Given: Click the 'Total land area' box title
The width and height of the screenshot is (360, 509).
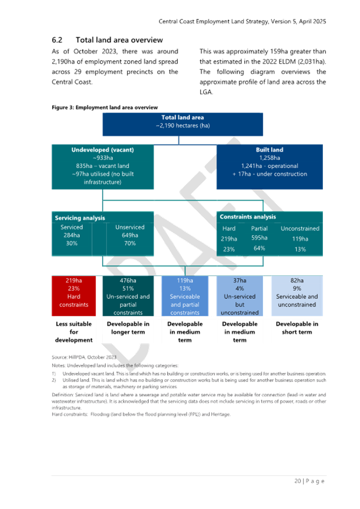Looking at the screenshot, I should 183,118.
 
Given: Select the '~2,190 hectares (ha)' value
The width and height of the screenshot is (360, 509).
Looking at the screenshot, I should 183,125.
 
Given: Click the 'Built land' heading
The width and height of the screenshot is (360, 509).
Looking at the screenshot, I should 269,150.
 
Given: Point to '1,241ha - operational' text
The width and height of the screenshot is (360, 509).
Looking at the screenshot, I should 269,166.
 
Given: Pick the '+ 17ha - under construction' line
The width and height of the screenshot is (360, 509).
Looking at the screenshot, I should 269,174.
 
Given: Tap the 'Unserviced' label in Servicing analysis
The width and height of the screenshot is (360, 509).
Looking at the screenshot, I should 129,227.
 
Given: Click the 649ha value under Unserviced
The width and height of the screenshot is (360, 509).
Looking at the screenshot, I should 129,235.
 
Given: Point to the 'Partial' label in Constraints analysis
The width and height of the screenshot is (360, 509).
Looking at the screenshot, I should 260,228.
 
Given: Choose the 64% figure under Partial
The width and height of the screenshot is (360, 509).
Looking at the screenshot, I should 260,248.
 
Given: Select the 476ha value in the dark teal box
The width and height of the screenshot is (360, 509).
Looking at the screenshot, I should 128,280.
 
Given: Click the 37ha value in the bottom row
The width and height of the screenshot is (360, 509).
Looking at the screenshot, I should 240,280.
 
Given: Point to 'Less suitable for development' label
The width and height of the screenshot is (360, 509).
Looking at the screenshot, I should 74,332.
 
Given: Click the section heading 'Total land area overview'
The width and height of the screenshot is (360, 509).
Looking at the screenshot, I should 119,40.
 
